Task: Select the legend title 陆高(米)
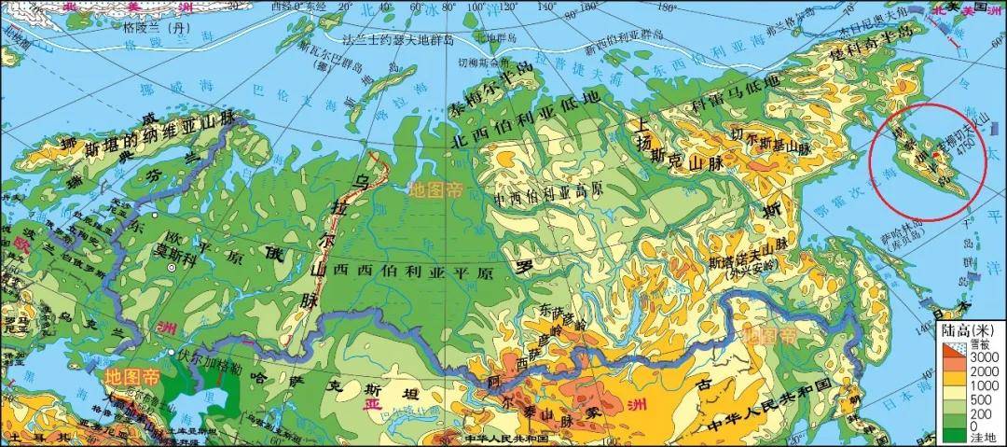pos(970,331)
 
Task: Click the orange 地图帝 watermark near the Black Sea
pos(131,376)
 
